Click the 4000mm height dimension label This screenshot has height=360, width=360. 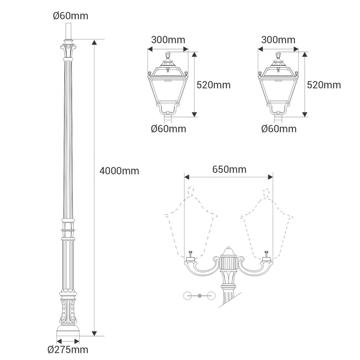[120, 171]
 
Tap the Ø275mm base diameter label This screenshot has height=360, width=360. [68, 350]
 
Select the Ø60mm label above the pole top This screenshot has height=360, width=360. [71, 16]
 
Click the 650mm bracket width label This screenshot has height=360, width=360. [229, 169]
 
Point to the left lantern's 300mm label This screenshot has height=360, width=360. [168, 40]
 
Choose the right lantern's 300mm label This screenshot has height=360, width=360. [278, 40]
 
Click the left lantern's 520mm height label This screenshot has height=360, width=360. [213, 85]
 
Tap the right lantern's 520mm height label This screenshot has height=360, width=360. [324, 85]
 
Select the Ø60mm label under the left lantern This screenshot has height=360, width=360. [168, 129]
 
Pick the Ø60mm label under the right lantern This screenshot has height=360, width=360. [279, 129]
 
